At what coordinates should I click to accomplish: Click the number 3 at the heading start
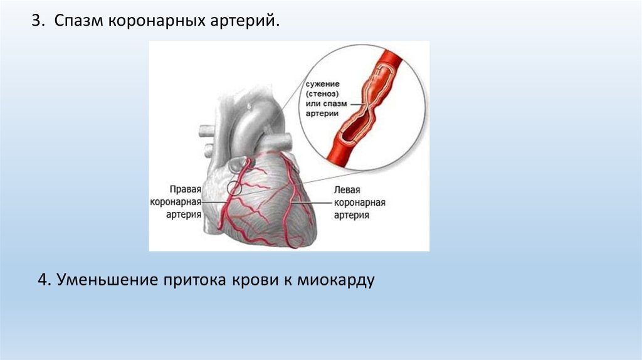[36, 21]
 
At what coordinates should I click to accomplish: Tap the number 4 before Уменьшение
[43, 280]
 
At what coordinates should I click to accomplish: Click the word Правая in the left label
[185, 189]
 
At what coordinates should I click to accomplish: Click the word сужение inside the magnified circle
[323, 83]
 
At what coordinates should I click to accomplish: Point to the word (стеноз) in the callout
[323, 93]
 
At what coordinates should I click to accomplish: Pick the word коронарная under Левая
[359, 203]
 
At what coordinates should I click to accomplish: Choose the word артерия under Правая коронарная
[184, 214]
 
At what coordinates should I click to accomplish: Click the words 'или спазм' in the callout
[324, 103]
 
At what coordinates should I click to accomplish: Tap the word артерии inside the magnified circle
[323, 114]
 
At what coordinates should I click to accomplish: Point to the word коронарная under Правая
[176, 201]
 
